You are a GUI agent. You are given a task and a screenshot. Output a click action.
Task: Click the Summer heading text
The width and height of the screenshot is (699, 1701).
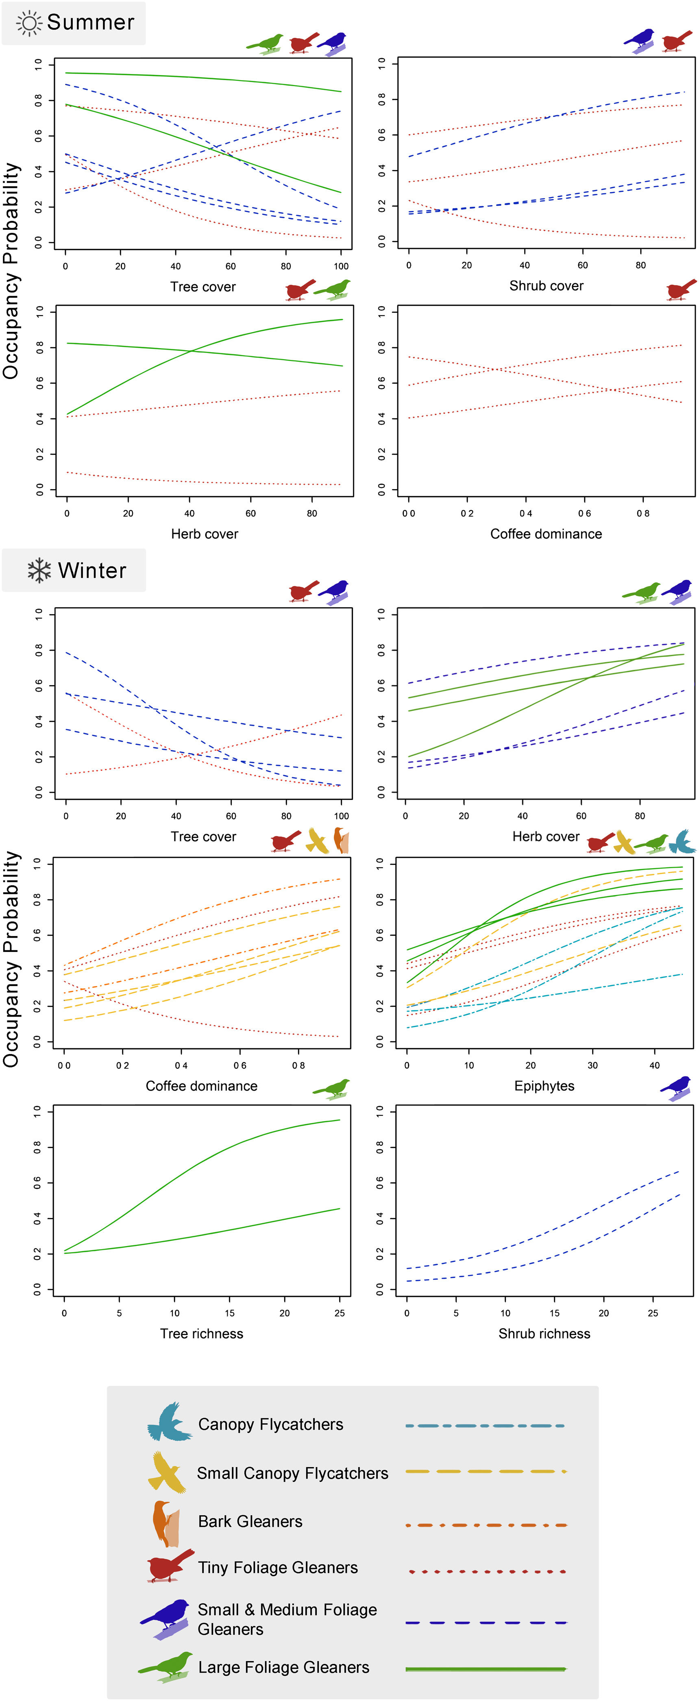click(90, 22)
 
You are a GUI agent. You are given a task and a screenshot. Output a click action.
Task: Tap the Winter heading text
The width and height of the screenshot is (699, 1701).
click(92, 571)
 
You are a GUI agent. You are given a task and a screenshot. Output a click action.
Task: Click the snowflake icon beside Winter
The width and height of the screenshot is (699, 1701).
click(39, 571)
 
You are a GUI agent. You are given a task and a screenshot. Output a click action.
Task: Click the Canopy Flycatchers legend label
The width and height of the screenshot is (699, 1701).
click(271, 1424)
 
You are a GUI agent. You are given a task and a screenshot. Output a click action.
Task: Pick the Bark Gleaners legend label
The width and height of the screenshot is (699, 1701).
click(250, 1521)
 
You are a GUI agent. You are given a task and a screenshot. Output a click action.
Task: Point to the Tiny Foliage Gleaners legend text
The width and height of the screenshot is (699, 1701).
click(278, 1568)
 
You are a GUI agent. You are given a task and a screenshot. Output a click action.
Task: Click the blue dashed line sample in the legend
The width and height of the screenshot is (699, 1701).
click(486, 1623)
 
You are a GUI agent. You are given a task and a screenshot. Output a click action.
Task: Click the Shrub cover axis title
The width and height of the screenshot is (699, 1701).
click(546, 286)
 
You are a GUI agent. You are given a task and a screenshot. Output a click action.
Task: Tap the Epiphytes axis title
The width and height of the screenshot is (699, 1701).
click(544, 1086)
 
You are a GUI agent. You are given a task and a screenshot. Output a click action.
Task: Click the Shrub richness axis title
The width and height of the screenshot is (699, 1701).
click(544, 1333)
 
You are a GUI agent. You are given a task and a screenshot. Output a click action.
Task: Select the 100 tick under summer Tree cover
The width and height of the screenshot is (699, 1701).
click(341, 266)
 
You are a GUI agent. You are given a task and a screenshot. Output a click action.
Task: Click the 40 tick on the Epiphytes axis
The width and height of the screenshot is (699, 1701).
click(654, 1065)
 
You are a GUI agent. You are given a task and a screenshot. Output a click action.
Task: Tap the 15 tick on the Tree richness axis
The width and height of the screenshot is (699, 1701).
click(230, 1313)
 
